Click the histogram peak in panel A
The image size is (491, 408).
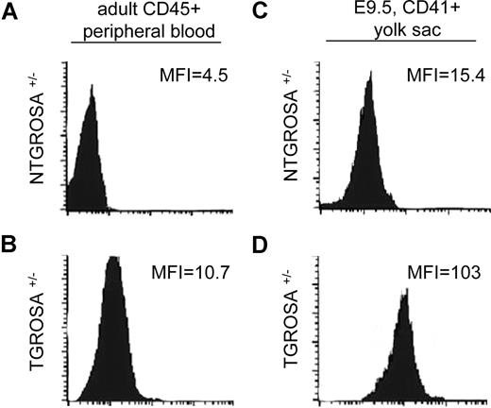92,88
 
